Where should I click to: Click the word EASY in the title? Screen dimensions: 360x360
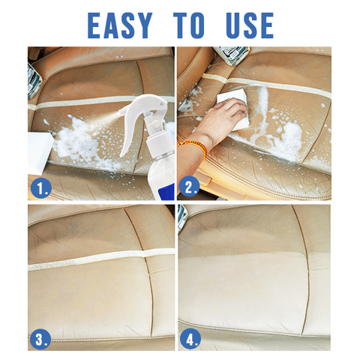pyautogui.click(x=120, y=25)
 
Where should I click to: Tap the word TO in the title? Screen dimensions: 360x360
pyautogui.click(x=189, y=25)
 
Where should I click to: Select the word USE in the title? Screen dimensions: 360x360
pyautogui.click(x=250, y=25)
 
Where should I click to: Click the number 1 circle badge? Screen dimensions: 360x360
pyautogui.click(x=41, y=188)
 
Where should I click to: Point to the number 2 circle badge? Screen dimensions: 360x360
pyautogui.click(x=190, y=187)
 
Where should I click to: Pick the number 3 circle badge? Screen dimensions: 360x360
pyautogui.click(x=40, y=340)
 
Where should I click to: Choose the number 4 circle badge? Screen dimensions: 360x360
pyautogui.click(x=190, y=340)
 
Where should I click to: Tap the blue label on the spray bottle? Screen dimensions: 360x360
pyautogui.click(x=163, y=193)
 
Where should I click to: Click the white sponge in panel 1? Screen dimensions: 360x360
pyautogui.click(x=40, y=153)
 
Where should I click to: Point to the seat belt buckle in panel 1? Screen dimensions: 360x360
pyautogui.click(x=34, y=81)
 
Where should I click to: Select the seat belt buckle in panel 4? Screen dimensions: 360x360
pyautogui.click(x=182, y=218)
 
